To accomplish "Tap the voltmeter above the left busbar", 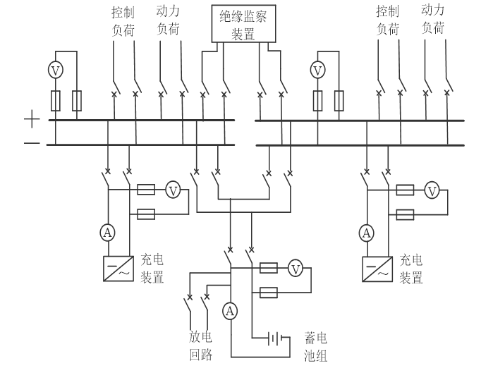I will point(56,69).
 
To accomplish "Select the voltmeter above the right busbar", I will point(318,70).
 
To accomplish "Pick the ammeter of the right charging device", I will point(366,232).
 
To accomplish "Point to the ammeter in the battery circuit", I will point(230,310).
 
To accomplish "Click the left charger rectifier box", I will point(116,269).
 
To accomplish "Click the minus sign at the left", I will point(32,145).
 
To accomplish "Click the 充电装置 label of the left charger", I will point(152,269).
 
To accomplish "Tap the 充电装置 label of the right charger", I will point(411,269).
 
